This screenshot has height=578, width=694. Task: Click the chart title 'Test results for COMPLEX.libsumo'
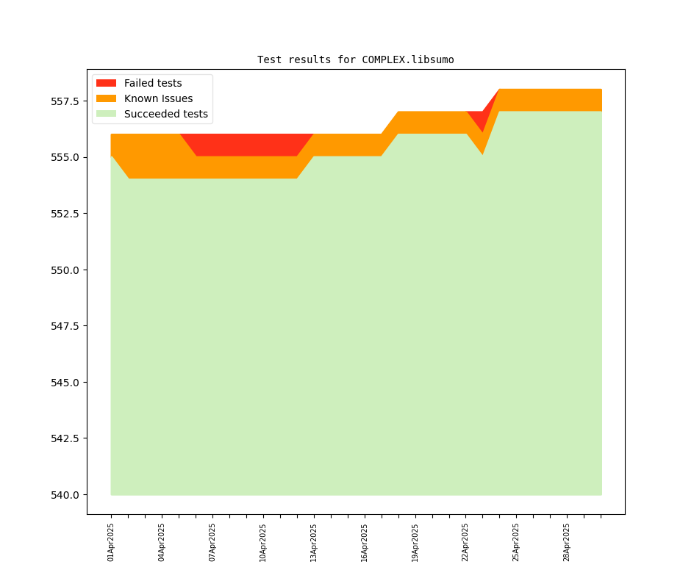[x=355, y=59]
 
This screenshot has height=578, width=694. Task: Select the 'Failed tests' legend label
[x=153, y=83]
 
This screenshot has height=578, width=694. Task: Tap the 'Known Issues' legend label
[x=158, y=98]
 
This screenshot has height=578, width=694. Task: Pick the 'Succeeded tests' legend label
[x=165, y=114]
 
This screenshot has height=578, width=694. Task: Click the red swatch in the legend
[x=106, y=83]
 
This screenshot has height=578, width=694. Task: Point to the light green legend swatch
[x=106, y=114]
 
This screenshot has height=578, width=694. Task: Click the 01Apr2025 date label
[x=111, y=542]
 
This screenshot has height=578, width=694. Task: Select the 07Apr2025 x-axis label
[x=212, y=542]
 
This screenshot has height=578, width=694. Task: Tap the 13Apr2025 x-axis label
[x=314, y=542]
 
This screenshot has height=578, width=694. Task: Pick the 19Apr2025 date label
[x=415, y=542]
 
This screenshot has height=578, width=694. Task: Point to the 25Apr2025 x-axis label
[x=516, y=542]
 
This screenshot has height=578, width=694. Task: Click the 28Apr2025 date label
[x=567, y=542]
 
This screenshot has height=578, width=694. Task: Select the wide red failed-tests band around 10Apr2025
[x=250, y=145]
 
